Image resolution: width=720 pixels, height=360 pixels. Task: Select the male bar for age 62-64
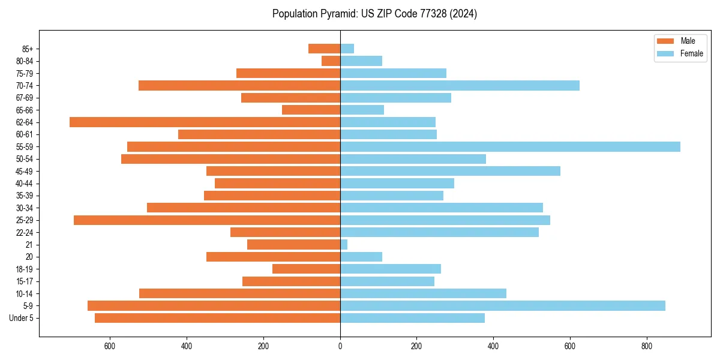tap(205, 122)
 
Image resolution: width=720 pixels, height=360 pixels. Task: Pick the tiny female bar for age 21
tap(344, 244)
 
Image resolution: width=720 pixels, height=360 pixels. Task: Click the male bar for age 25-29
tap(207, 220)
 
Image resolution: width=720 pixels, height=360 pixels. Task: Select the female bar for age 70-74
tap(460, 85)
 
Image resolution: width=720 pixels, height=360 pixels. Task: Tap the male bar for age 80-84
tap(331, 61)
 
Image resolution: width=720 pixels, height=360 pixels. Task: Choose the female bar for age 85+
tap(347, 49)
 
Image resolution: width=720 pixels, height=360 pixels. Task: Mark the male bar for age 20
tap(274, 257)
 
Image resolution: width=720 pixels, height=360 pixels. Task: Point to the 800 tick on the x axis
tap(646, 346)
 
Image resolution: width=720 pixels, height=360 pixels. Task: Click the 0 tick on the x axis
tap(340, 346)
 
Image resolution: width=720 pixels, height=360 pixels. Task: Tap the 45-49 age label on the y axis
tap(25, 171)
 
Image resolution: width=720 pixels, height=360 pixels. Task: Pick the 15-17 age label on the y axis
tap(25, 281)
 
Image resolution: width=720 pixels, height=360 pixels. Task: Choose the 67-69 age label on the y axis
tap(25, 98)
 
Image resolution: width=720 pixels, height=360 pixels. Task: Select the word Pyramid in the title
tap(337, 14)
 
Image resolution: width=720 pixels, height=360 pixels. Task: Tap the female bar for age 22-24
tap(439, 232)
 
